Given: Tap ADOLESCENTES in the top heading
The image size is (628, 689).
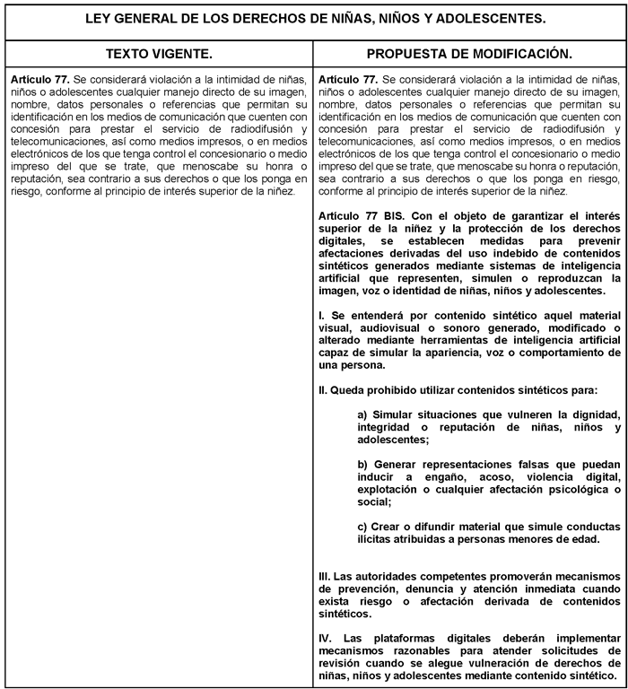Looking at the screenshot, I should (493, 18).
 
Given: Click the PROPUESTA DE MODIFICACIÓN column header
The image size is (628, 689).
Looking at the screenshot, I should (469, 54).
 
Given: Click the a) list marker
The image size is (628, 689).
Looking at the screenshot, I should (362, 415).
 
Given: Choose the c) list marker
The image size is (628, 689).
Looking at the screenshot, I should (362, 526).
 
